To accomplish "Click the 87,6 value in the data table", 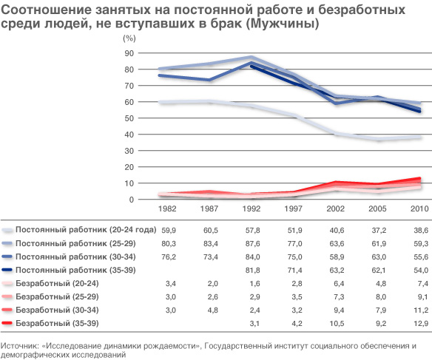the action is click(253, 244).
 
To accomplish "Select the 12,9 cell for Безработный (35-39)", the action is click(421, 323).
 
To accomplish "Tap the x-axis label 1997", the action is click(293, 208).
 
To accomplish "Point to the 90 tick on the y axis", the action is click(129, 53).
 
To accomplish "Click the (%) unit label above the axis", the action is click(129, 38).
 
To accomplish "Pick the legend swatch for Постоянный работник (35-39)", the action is click(7, 270).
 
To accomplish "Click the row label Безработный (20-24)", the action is click(57, 283).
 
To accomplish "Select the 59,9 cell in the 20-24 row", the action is click(169, 231).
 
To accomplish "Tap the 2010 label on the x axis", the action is click(419, 208).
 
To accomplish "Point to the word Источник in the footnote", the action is click(19, 346).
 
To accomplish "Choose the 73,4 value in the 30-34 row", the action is click(211, 257).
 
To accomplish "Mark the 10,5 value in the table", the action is click(337, 323).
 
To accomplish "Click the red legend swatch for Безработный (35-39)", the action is click(7, 323).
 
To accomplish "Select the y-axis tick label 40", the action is click(129, 135).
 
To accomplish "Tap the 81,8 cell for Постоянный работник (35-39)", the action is click(253, 271).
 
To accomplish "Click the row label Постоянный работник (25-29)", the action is click(75, 243).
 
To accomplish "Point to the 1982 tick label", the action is click(167, 208).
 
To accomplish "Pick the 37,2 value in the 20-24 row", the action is click(379, 231).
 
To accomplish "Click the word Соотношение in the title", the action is click(47, 10).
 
